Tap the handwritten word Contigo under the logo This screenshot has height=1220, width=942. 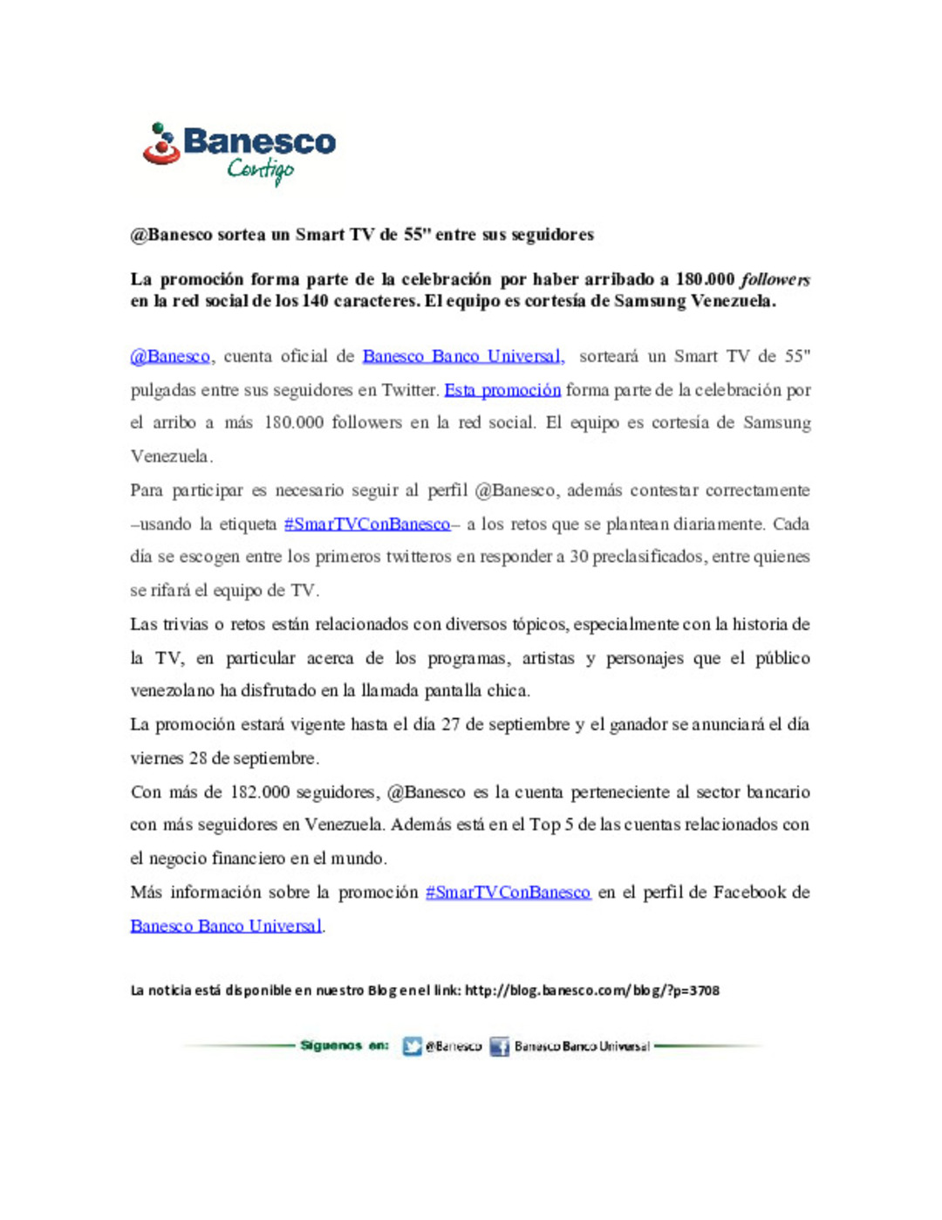(x=261, y=169)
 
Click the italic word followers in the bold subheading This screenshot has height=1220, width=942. (x=775, y=280)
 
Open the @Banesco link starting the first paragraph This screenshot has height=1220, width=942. (x=170, y=357)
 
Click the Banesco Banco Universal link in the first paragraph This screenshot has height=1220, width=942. (x=463, y=357)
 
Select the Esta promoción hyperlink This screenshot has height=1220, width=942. (x=502, y=390)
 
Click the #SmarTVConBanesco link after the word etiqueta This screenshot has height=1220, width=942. (x=367, y=524)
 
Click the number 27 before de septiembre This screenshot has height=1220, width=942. (x=450, y=724)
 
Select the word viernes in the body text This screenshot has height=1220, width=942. (x=157, y=758)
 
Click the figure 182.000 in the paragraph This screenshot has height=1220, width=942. (x=260, y=792)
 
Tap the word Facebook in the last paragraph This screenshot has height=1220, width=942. (x=749, y=893)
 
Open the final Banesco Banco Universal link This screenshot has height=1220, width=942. (x=226, y=926)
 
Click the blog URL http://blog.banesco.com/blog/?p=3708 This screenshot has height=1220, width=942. (x=592, y=990)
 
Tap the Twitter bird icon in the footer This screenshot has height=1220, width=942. (x=413, y=1046)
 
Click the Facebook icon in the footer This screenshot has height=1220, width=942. (x=499, y=1046)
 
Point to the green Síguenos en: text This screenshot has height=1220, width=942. (x=345, y=1045)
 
